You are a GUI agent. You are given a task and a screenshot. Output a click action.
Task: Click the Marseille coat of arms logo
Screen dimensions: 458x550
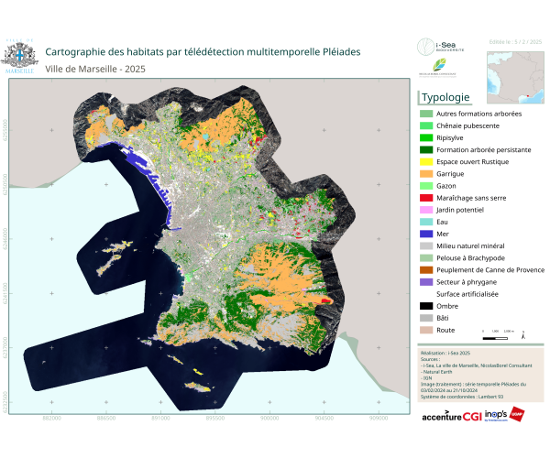(20, 54)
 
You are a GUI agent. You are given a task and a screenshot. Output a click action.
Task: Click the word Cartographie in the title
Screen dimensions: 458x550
(81, 52)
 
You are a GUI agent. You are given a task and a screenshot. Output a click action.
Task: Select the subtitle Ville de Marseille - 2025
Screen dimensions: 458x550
(95, 70)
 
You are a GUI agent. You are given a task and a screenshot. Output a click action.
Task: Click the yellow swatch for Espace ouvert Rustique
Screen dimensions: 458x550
(425, 161)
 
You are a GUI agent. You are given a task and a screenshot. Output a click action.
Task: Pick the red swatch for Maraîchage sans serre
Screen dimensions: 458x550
(425, 198)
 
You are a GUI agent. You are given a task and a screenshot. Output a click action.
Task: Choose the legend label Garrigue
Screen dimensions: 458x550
(451, 173)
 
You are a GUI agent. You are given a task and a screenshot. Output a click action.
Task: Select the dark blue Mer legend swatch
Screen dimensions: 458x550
(425, 234)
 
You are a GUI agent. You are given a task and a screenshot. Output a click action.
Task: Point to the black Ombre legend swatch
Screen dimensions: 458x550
(425, 306)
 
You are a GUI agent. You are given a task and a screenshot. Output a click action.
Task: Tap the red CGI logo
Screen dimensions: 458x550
(473, 416)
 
